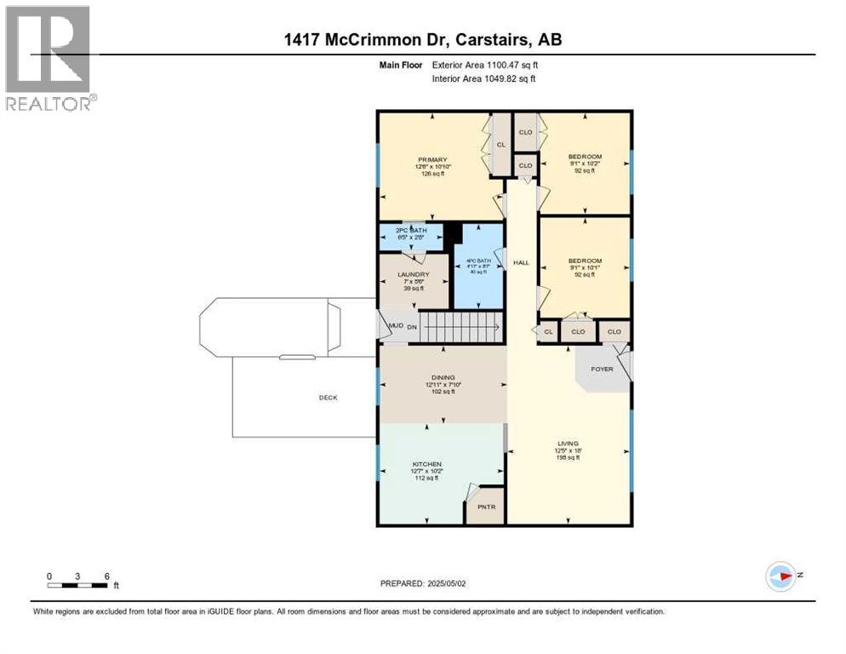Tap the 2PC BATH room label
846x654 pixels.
[411, 230]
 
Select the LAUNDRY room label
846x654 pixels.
[413, 274]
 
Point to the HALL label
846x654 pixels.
[521, 263]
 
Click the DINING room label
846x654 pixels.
[443, 377]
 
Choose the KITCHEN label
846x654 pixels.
[428, 464]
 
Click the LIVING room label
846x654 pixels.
[568, 444]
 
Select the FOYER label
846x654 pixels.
[602, 370]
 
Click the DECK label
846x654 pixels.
[328, 398]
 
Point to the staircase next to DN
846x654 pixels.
[458, 326]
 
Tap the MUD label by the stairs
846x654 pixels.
[395, 326]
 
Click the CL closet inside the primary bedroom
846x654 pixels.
[501, 145]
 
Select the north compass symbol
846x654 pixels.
[781, 576]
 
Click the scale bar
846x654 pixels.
[78, 585]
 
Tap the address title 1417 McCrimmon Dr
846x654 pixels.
[422, 40]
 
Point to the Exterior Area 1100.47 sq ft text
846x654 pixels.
[484, 65]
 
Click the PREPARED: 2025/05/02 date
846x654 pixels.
[422, 583]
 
